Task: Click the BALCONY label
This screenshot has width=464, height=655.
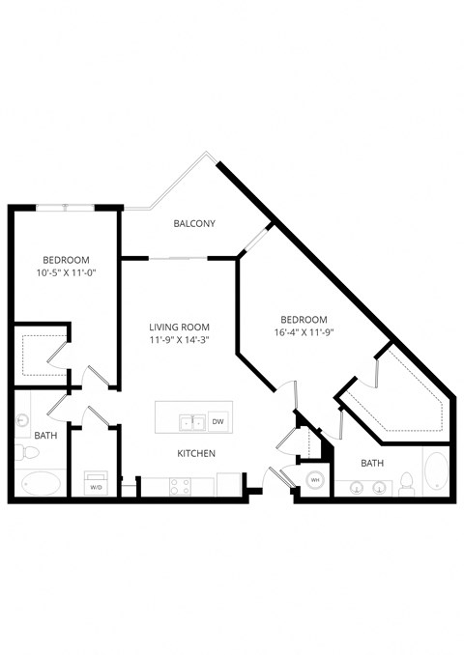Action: coord(193,224)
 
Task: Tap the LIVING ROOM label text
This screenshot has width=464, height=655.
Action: coord(180,327)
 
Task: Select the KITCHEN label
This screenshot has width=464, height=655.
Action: coord(195,453)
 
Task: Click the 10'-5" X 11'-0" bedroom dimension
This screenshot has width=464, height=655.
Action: coord(66,273)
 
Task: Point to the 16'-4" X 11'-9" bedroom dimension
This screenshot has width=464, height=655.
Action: coord(304,333)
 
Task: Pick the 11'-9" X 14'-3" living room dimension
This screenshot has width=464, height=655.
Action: coord(180,340)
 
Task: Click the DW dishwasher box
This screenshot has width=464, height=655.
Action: coord(217,421)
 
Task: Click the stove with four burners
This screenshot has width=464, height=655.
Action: coord(181,486)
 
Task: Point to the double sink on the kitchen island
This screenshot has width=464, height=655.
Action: coord(192,421)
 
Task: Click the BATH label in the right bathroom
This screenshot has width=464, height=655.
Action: coord(372,463)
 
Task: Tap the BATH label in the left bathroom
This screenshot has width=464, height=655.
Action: coord(45,436)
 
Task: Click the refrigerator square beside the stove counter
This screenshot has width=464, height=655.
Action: coord(229,484)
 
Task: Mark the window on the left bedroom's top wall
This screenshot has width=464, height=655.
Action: coord(66,206)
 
